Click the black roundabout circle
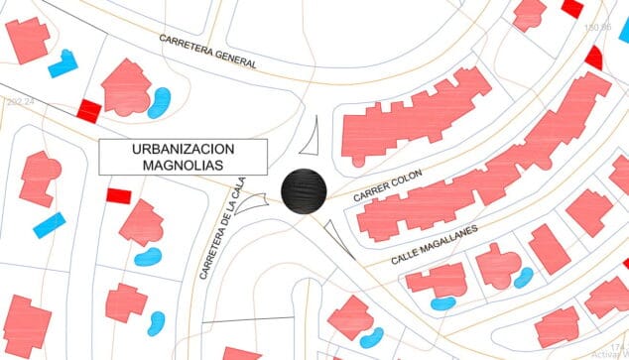click(x=304, y=190)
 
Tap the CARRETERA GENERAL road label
click(x=208, y=51)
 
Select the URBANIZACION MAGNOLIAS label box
click(x=184, y=158)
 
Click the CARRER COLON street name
click(x=388, y=186)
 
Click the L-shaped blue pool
click(x=63, y=63)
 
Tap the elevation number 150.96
click(x=598, y=28)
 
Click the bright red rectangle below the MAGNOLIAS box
click(x=119, y=196)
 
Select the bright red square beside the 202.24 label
click(x=89, y=109)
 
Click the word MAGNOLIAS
click(x=184, y=166)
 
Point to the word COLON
click(x=407, y=180)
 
